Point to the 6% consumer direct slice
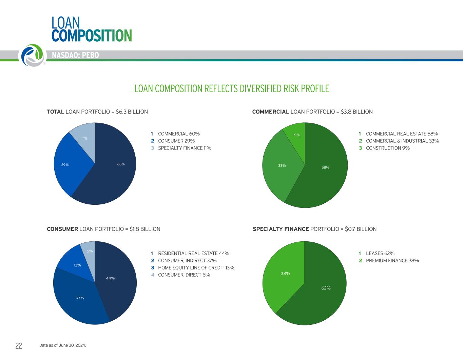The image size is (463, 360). (89, 251)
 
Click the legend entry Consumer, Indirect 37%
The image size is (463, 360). (187, 261)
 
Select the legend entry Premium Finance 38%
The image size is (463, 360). (392, 261)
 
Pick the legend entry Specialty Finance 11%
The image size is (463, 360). (185, 148)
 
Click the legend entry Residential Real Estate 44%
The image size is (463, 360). (193, 254)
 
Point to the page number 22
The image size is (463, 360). (19, 346)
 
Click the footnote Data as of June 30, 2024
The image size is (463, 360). (63, 345)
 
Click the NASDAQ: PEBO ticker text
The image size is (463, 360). (75, 55)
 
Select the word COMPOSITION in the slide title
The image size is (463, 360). (92, 35)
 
